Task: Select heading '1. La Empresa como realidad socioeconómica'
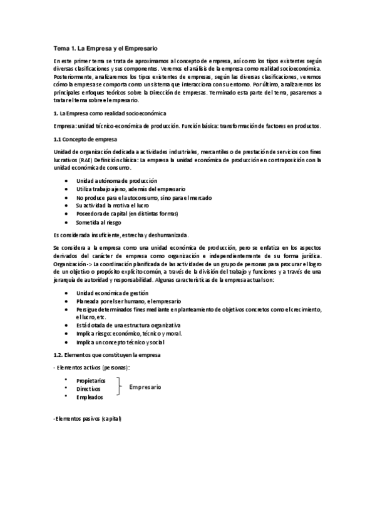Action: (111, 113)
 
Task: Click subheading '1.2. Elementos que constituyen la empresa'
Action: (107, 354)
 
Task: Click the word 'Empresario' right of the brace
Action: (145, 388)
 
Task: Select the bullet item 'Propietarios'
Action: (91, 380)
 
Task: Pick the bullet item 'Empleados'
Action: (90, 397)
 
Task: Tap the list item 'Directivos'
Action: (90, 389)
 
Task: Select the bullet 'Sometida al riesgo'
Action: (98, 222)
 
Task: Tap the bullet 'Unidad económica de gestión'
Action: (112, 292)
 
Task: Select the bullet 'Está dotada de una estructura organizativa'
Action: (128, 326)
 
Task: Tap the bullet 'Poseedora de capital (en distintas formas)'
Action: (127, 214)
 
